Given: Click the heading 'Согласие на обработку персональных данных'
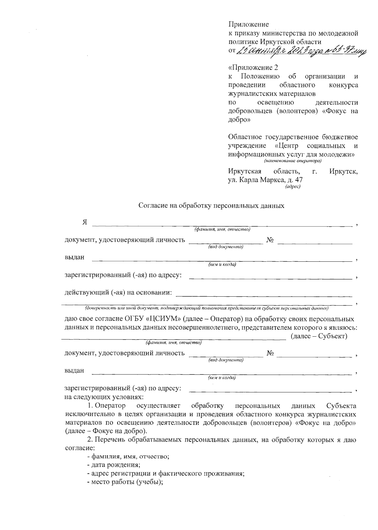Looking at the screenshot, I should pos(211,206).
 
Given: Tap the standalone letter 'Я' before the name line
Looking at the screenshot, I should pos(85,222).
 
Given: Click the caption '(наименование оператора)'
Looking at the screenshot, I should pos(293,161).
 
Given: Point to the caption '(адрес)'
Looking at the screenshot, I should pos(293,187).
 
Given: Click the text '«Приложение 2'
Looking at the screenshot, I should pos(253,68).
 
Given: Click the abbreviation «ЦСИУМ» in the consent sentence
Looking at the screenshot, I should pos(163,319).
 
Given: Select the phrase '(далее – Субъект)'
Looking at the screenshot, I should pos(319,336).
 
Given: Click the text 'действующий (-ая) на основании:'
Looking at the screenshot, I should pos(118,293).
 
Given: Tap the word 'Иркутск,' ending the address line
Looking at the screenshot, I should pos(343,172).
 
